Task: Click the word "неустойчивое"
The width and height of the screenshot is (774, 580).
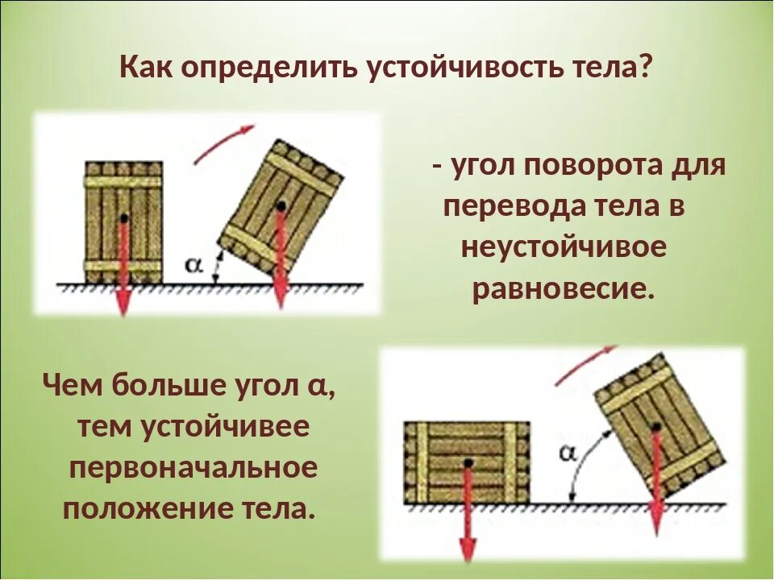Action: [564, 247]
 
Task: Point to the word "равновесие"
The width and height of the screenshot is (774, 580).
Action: [561, 288]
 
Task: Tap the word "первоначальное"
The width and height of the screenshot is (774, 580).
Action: [193, 468]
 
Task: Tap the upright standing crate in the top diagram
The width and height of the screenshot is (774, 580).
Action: [123, 222]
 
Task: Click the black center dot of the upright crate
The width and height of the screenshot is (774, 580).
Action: [123, 218]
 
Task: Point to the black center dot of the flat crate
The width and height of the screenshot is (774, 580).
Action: [467, 462]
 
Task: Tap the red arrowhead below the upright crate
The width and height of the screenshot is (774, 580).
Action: [123, 304]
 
